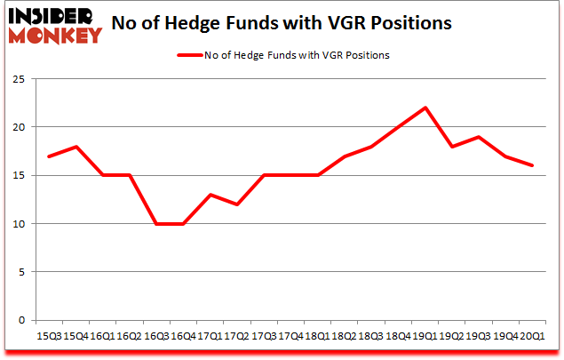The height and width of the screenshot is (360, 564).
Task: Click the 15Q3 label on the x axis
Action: (x=49, y=334)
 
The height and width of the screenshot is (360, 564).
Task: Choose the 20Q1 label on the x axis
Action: (x=533, y=334)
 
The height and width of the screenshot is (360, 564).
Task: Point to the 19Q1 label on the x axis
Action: (x=425, y=334)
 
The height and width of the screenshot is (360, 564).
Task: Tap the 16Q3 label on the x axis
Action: (x=156, y=334)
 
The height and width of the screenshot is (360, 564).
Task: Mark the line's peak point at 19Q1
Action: (x=425, y=108)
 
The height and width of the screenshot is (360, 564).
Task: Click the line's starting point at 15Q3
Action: (x=49, y=156)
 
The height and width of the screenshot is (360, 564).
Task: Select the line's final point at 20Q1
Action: (x=533, y=165)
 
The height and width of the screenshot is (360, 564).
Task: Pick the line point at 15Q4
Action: (x=75, y=147)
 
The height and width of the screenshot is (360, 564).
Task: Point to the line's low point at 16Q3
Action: (x=156, y=223)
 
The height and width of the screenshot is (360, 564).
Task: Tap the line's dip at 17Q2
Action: (x=237, y=204)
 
